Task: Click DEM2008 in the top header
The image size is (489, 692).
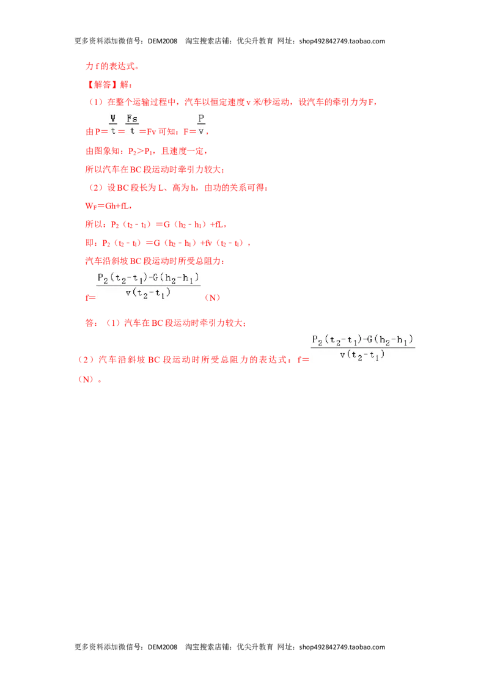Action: pyautogui.click(x=163, y=41)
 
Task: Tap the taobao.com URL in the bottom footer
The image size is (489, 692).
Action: pyautogui.click(x=342, y=647)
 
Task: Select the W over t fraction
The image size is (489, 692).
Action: pyautogui.click(x=113, y=125)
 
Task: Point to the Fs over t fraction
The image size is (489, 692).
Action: pyautogui.click(x=132, y=125)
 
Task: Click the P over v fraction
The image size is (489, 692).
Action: pyautogui.click(x=201, y=125)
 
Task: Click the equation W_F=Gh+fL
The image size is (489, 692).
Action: pyautogui.click(x=107, y=206)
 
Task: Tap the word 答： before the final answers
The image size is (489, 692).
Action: pyautogui.click(x=91, y=323)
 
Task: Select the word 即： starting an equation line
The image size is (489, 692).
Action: pyautogui.click(x=91, y=243)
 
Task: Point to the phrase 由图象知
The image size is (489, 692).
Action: pyautogui.click(x=105, y=152)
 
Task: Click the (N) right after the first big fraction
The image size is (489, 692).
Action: pyautogui.click(x=212, y=298)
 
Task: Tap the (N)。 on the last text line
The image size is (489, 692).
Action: pyautogui.click(x=90, y=379)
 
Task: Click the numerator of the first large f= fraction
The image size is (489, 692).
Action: pyautogui.click(x=149, y=279)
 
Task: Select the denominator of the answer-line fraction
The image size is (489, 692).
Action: pyautogui.click(x=362, y=355)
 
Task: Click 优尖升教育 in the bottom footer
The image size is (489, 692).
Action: pyautogui.click(x=255, y=647)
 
